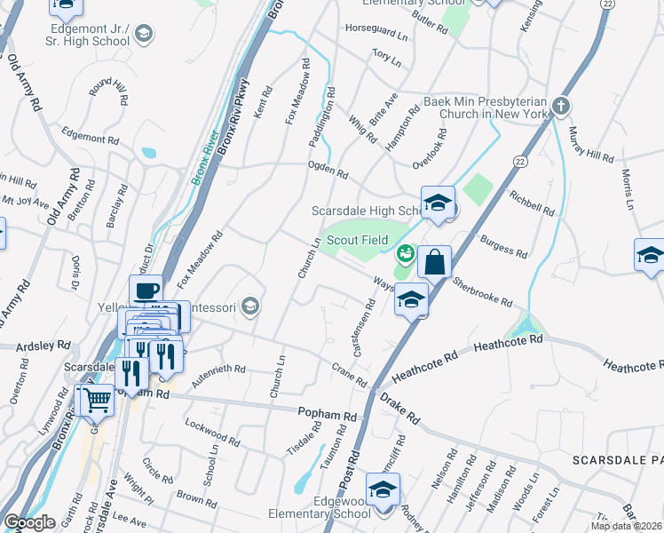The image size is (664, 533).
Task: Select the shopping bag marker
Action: click(x=434, y=262)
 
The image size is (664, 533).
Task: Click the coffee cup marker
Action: click(x=146, y=290)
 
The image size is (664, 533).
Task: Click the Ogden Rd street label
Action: click(x=327, y=169)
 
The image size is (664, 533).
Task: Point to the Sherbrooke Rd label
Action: click(x=482, y=290)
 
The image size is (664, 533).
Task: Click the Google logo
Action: click(x=28, y=521)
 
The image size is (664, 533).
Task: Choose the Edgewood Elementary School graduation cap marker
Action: click(x=383, y=490)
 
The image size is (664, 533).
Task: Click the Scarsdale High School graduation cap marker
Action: click(x=438, y=203)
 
